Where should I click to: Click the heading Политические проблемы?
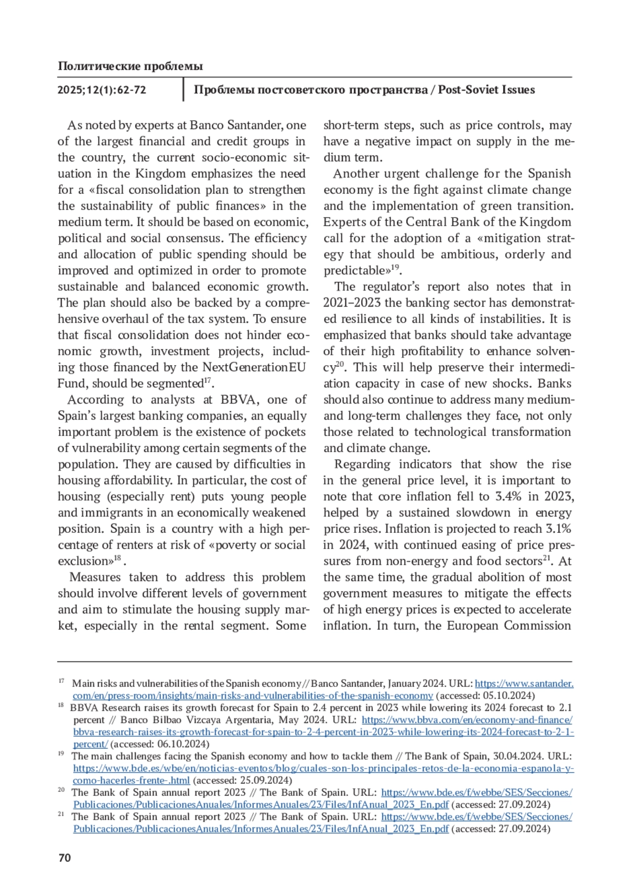click(130, 66)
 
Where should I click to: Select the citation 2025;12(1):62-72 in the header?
click(102, 90)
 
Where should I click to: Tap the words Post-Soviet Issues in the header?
click(486, 90)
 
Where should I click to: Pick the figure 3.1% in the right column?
click(559, 529)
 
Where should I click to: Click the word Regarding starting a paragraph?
click(362, 464)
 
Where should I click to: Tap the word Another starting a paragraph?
click(359, 174)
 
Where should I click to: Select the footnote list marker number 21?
click(61, 814)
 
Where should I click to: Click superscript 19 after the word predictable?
click(396, 268)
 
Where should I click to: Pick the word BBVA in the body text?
click(239, 400)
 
